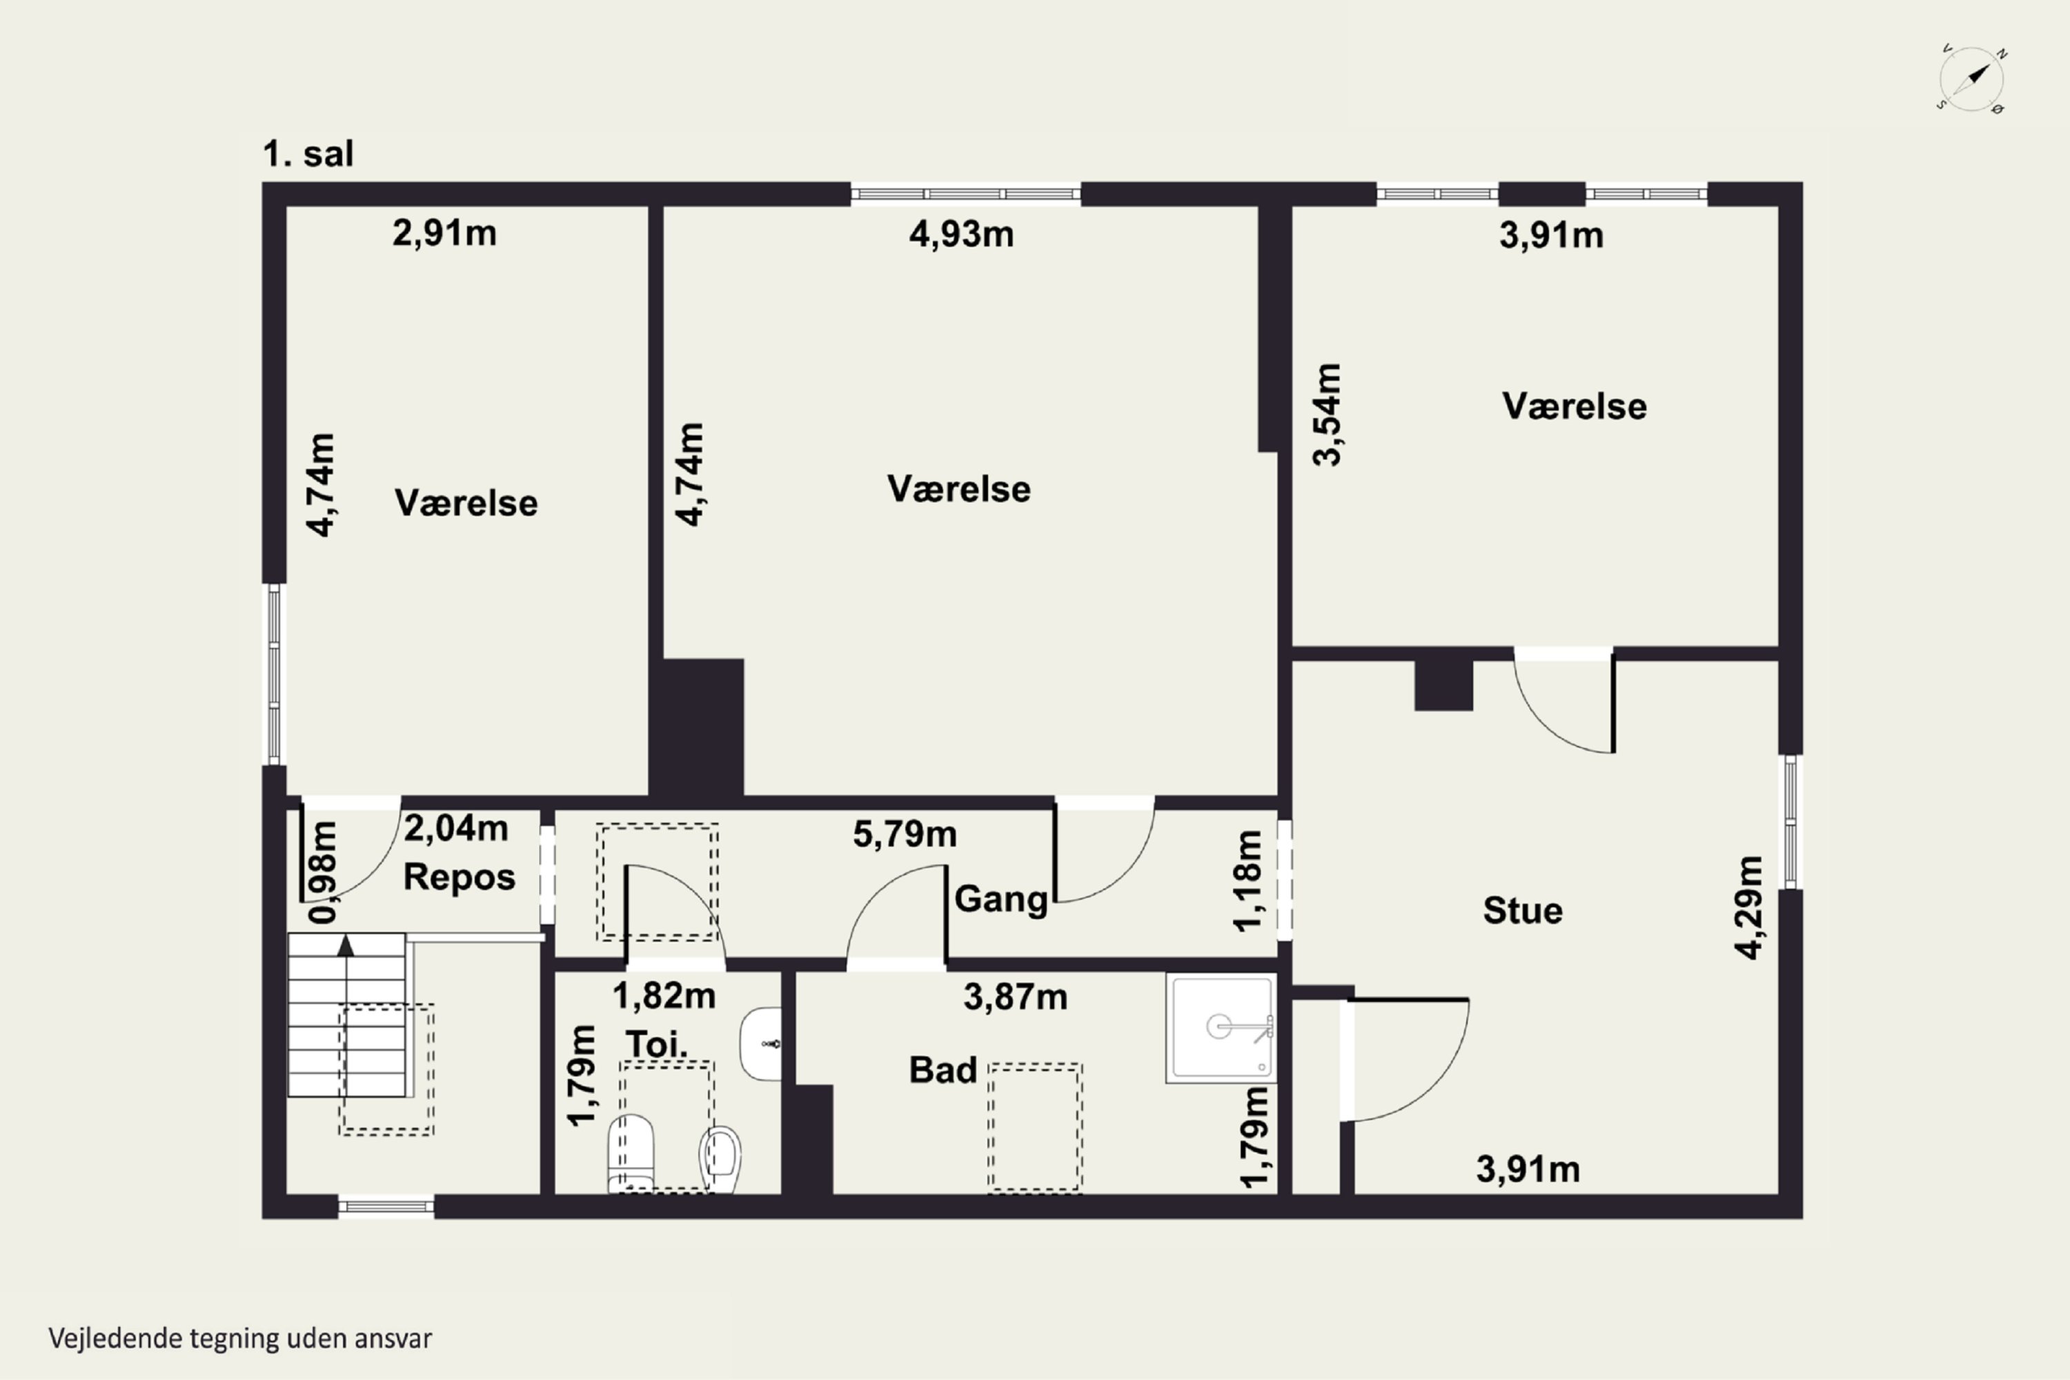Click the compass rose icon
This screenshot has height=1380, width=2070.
1972,79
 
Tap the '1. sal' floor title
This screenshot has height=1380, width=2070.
308,154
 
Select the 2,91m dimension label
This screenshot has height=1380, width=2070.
444,233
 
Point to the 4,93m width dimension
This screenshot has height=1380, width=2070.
961,234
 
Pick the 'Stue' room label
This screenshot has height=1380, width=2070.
1523,910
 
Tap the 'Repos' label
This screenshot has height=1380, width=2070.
460,878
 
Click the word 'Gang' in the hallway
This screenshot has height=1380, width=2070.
1002,900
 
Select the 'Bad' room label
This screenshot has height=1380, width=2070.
943,1070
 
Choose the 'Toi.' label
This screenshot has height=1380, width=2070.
657,1045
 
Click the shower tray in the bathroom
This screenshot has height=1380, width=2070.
1221,1027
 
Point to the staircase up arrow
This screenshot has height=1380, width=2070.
346,945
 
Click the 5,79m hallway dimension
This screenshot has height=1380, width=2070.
905,834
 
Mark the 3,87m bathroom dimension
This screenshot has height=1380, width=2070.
1016,997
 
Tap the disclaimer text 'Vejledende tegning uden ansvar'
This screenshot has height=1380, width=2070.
240,1339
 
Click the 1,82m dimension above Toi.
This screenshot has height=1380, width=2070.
664,996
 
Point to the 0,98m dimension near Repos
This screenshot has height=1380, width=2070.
323,872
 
